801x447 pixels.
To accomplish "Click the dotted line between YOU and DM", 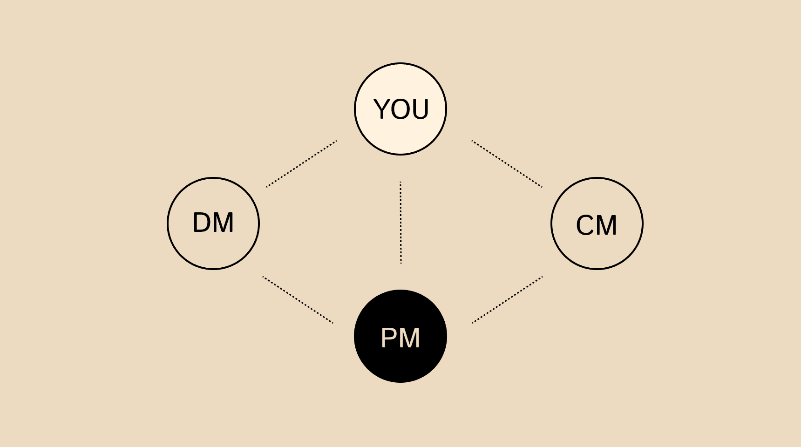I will tap(301, 164).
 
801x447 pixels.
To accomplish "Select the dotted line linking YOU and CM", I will tap(507, 164).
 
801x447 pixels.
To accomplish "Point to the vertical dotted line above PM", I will tap(400, 223).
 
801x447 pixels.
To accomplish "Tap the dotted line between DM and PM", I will tap(298, 300).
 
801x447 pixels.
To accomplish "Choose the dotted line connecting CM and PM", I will tap(507, 300).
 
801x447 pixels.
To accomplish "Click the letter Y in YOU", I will tap(383, 109).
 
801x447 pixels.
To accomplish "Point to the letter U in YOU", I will tap(420, 109).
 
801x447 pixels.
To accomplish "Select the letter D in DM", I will tap(202, 223).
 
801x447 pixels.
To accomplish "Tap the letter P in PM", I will tap(389, 338).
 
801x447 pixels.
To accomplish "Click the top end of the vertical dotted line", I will tap(400, 183).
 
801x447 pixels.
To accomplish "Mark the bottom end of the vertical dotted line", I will tap(400, 263).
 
